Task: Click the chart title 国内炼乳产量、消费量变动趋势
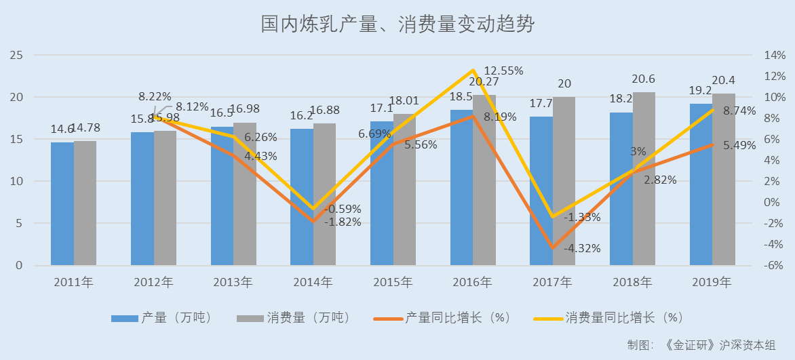(x=397, y=25)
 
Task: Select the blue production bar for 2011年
(x=62, y=203)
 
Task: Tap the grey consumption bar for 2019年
(x=724, y=179)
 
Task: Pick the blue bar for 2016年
(x=461, y=187)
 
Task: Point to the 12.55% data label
(x=504, y=70)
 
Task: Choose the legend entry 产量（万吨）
(x=160, y=317)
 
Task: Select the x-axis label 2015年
(x=393, y=281)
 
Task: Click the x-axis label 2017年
(x=552, y=281)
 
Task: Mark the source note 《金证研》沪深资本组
(x=722, y=344)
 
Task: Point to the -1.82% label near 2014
(x=343, y=222)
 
